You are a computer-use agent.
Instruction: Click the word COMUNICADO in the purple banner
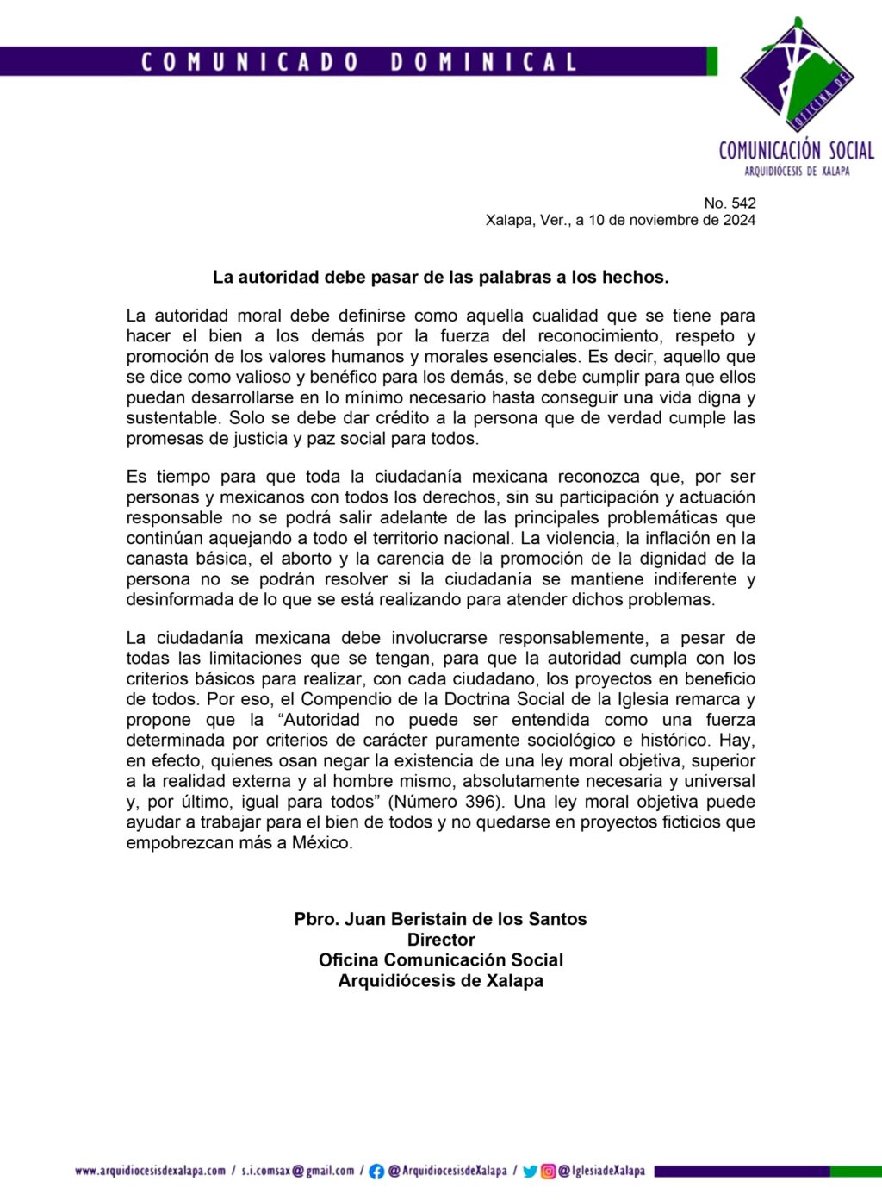click(x=250, y=62)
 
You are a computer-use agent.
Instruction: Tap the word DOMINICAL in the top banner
click(x=483, y=62)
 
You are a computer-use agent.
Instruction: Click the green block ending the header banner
click(x=712, y=61)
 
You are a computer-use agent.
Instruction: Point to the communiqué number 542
click(x=743, y=203)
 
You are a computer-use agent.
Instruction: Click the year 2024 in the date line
click(x=739, y=220)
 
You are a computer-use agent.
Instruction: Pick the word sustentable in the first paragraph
click(x=172, y=418)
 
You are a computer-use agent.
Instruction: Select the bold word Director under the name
click(x=441, y=940)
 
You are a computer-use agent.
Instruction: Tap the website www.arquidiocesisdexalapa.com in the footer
click(x=150, y=1171)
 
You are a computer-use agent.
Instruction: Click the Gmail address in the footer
click(x=298, y=1171)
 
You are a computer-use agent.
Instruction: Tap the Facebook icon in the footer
click(x=376, y=1172)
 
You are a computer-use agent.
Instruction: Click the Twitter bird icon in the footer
click(x=530, y=1172)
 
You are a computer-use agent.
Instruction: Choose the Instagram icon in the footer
click(x=548, y=1172)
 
